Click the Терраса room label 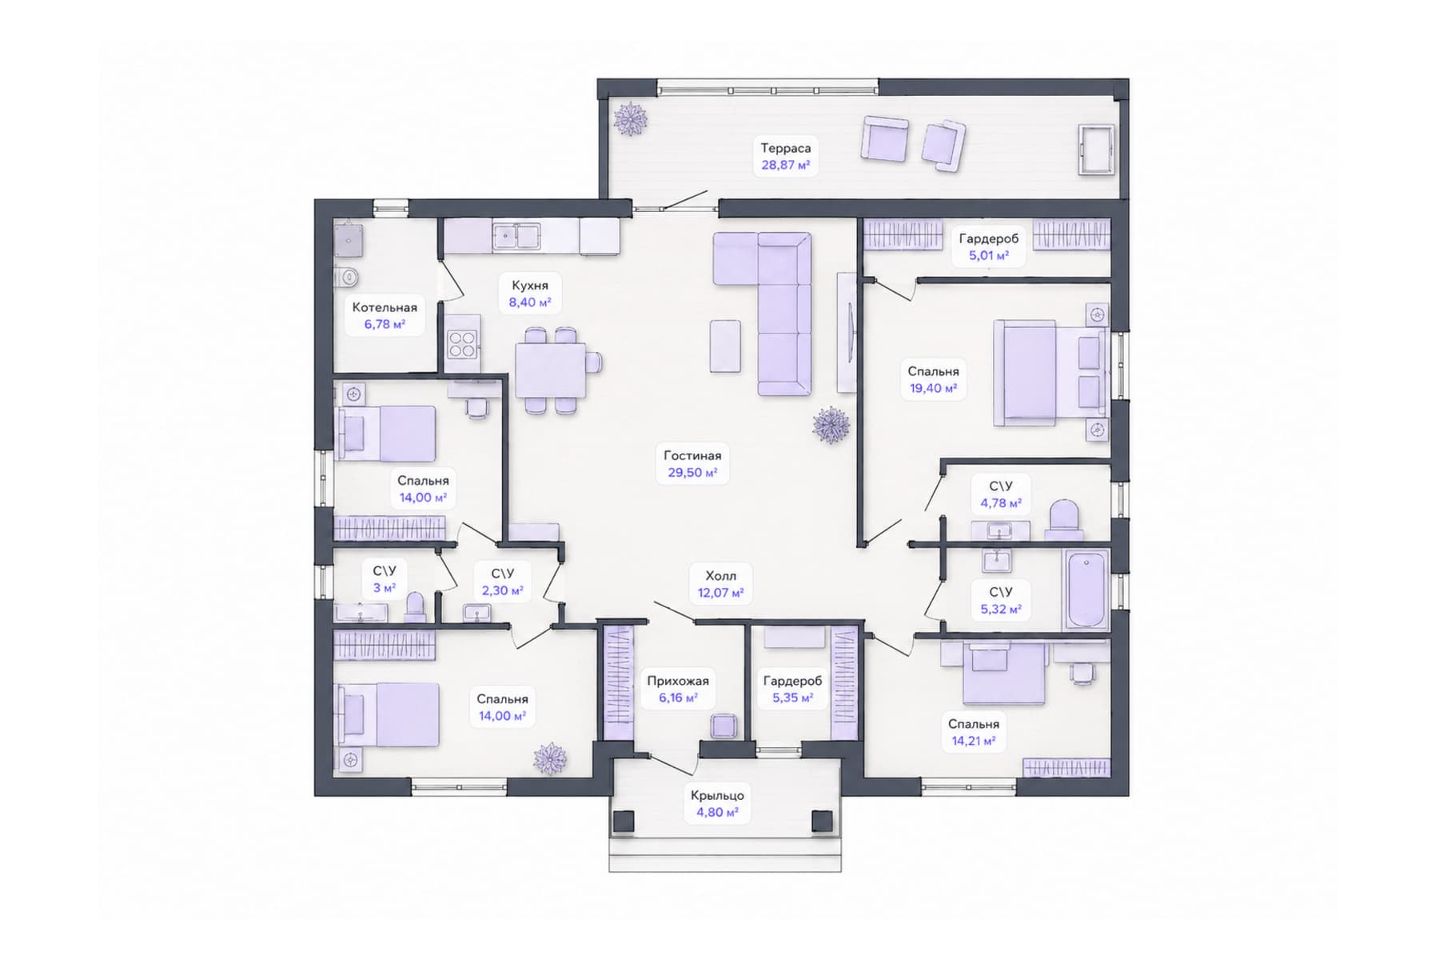[x=785, y=148]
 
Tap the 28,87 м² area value [x=785, y=166]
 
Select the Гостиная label [x=692, y=455]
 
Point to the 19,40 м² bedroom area [x=933, y=389]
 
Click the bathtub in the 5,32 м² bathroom [x=1086, y=590]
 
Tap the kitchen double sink [x=516, y=236]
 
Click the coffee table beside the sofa [x=725, y=346]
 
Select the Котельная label [x=385, y=307]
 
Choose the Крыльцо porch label [x=717, y=795]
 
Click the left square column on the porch [x=624, y=822]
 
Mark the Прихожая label [x=678, y=681]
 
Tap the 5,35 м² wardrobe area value [x=792, y=698]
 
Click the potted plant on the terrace [x=630, y=119]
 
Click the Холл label [x=720, y=575]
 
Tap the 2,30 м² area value [x=502, y=591]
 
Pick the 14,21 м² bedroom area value [x=973, y=742]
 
